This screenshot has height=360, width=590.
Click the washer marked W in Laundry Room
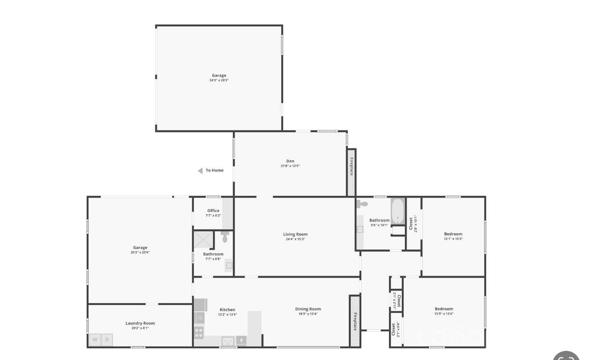click(x=95, y=340)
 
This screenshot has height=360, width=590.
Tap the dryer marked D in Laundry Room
click(x=107, y=340)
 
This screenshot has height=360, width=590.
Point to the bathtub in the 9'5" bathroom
click(x=398, y=211)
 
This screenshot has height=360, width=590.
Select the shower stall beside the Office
click(x=203, y=239)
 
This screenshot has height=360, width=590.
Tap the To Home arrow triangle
click(x=200, y=171)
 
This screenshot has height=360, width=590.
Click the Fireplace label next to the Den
click(x=351, y=166)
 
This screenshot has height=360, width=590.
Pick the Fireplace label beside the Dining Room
click(x=355, y=321)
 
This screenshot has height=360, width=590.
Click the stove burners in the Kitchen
click(x=199, y=332)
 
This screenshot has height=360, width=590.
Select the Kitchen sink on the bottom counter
click(x=228, y=341)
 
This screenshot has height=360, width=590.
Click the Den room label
click(x=290, y=161)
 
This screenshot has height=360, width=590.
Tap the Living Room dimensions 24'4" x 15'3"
click(x=295, y=239)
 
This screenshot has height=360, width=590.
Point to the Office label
click(x=213, y=211)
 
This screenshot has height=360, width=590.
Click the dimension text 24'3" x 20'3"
click(x=219, y=80)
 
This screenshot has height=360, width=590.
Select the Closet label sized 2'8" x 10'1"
click(x=411, y=224)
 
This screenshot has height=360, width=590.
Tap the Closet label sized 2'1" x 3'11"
click(x=399, y=300)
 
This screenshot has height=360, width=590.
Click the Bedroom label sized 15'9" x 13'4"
click(x=444, y=309)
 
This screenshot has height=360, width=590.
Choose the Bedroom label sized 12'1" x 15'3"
click(x=453, y=234)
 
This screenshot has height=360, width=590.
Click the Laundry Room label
click(x=140, y=323)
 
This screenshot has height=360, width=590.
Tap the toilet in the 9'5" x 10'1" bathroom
click(x=363, y=204)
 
